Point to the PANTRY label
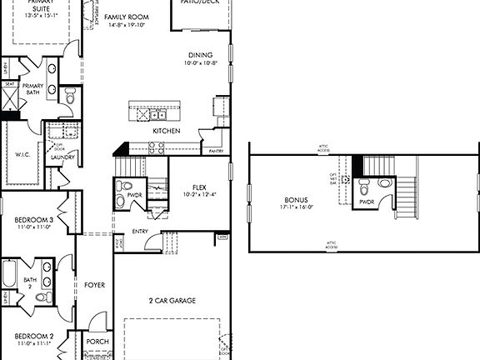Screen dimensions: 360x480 215,151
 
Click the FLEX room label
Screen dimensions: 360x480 198,187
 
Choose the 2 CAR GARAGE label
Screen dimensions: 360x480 172,300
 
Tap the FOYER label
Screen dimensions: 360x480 94,285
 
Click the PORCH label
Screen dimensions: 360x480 97,341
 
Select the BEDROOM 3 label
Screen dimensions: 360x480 34,218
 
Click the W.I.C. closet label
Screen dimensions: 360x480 22,153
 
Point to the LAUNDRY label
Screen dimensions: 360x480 63,157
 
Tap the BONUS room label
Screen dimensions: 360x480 296,201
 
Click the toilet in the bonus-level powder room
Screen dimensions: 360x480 384,182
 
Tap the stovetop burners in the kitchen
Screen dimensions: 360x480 157,147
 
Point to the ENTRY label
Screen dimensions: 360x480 140,232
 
